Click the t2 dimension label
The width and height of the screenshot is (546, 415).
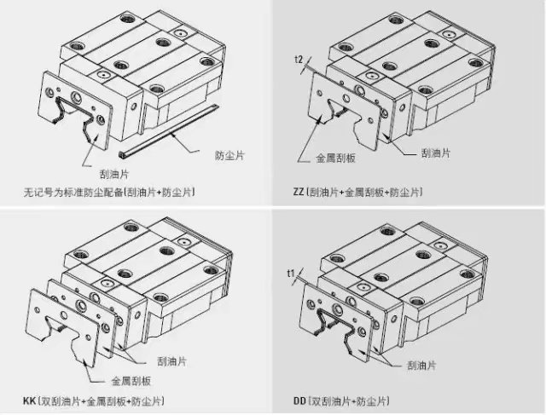[x=299, y=60]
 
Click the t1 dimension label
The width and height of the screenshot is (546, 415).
[x=291, y=273]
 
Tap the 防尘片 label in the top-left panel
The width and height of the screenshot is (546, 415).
[x=229, y=155]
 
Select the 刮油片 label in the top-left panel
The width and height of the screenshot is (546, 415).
[x=114, y=174]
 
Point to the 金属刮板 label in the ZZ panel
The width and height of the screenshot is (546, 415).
[x=335, y=159]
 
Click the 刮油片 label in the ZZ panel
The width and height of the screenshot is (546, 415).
[x=436, y=153]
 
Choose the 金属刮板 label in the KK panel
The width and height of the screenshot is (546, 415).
[x=131, y=381]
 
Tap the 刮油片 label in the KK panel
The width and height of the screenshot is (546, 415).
[x=171, y=361]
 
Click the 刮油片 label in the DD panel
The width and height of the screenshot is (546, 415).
[x=421, y=366]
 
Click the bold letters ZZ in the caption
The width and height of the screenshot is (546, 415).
[x=299, y=192]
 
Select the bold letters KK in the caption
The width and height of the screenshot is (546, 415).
[x=29, y=401]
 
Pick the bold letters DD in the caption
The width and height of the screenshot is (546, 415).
[x=299, y=401]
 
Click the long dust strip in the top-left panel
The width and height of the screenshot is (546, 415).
[x=169, y=130]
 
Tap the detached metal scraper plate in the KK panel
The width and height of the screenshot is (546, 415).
[x=62, y=327]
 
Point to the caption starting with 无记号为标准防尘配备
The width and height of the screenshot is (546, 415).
[x=109, y=192]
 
